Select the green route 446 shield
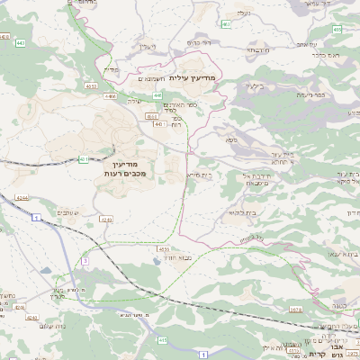coord(157,94)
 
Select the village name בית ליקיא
coord(238,213)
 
